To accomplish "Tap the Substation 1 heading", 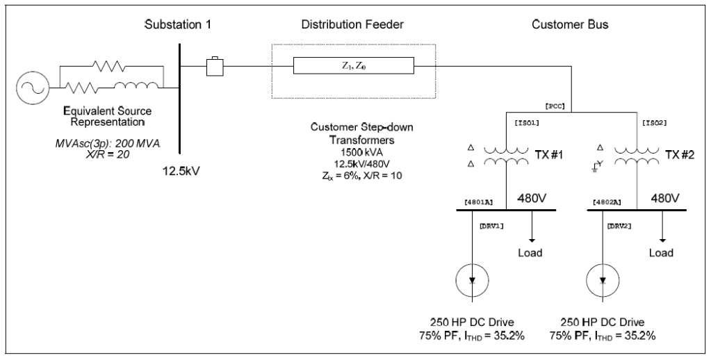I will point(177,25).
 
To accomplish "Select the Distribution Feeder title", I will point(352,25).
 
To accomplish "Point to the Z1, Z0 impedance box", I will point(353,67).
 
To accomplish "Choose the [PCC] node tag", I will point(554,106).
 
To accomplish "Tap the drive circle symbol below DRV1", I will point(472,280).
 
